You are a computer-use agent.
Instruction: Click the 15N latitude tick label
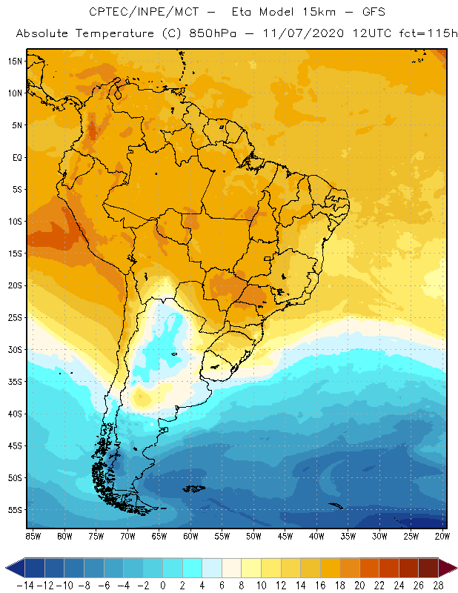pos(16,61)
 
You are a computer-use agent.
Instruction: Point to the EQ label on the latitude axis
pos(16,157)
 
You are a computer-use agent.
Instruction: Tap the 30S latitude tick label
pos(16,349)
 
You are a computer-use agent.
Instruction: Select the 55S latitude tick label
pos(16,509)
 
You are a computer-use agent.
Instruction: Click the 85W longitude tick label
pos(33,535)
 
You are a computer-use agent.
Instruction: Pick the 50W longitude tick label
pos(254,535)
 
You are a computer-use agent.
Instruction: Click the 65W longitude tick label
pos(159,535)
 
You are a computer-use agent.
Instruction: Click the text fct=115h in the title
pos(418,34)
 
